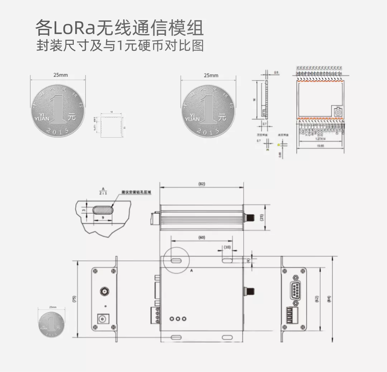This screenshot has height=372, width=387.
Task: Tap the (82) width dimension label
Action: (201, 184)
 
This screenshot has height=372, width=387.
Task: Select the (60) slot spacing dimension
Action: (202, 237)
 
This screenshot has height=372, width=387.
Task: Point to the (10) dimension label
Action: (227, 247)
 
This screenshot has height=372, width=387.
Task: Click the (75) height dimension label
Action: (74, 299)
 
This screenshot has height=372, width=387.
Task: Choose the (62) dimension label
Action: (316, 299)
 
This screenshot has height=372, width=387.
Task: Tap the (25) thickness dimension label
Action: (262, 217)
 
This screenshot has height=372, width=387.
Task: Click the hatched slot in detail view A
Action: (102, 210)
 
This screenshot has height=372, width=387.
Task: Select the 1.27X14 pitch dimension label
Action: (320, 139)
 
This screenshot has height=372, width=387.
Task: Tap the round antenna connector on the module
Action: (338, 113)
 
